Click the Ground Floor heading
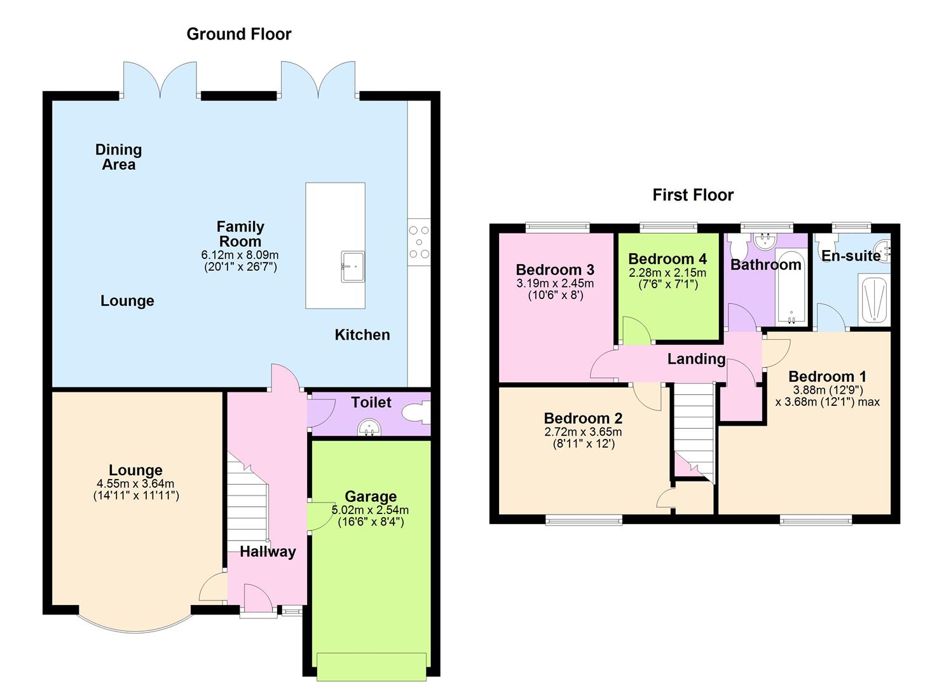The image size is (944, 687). point(238,34)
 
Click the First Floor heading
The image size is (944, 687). point(692,195)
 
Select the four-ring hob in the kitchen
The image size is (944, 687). point(419,242)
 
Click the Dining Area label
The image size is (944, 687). point(118,157)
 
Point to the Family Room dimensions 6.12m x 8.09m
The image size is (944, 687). point(240,255)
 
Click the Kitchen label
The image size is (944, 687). point(362,335)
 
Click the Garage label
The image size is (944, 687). point(371,496)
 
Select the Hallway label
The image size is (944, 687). point(268,552)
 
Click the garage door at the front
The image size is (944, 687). point(371,666)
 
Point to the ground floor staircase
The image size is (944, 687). point(247,503)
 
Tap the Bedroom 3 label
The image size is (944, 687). point(554,270)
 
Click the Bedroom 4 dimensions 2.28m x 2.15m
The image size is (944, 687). point(667,273)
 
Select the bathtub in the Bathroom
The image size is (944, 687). point(790,286)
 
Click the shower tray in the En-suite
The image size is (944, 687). point(873,299)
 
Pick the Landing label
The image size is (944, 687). point(696,359)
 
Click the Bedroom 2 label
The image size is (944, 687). point(583,418)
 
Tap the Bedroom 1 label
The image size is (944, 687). point(827,376)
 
